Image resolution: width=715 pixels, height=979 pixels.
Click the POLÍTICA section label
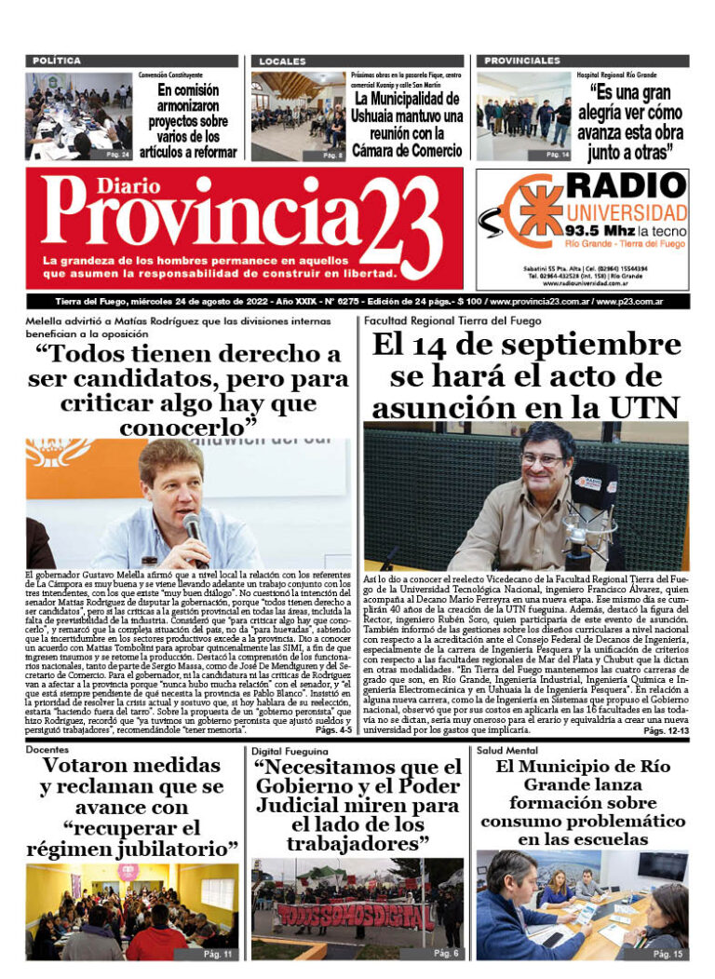tap(57, 61)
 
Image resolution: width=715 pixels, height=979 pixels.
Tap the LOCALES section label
tap(283, 61)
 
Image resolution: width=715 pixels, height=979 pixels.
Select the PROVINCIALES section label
tap(521, 61)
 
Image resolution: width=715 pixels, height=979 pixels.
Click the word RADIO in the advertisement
tap(627, 186)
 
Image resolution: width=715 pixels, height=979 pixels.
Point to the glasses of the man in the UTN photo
tap(544, 458)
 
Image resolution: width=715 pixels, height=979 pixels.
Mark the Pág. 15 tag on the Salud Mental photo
tap(668, 954)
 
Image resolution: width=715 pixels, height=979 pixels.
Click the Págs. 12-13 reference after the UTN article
tap(666, 731)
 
